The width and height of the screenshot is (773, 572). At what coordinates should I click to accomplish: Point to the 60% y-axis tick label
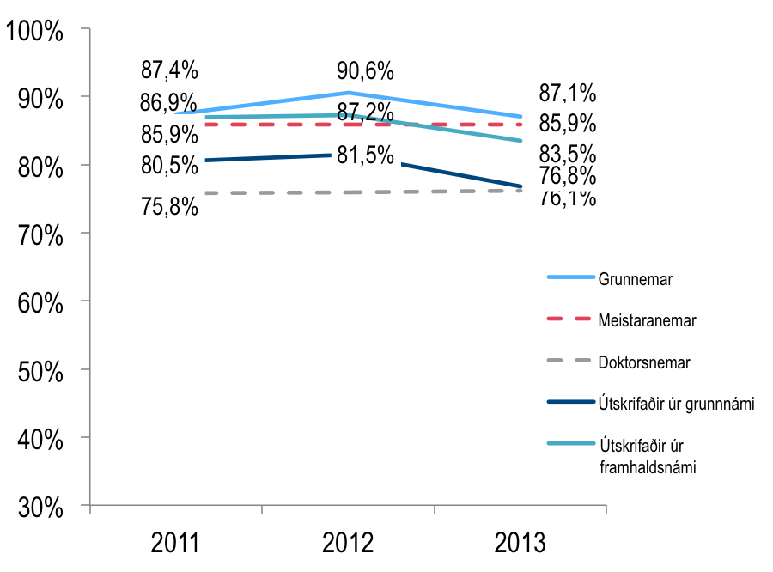click(40, 303)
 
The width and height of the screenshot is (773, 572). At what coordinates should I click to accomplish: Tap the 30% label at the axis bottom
click(40, 508)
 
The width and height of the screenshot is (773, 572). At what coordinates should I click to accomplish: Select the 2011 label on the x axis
click(175, 544)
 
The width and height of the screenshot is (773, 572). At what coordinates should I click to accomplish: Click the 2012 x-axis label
click(348, 544)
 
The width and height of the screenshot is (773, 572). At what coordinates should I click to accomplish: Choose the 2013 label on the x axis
click(520, 544)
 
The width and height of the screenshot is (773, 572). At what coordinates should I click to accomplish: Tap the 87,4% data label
click(169, 70)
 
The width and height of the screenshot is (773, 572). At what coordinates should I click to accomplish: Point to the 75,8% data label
click(169, 207)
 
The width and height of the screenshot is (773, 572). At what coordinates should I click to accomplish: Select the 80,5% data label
click(169, 165)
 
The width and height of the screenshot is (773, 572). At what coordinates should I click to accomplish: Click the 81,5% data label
click(365, 156)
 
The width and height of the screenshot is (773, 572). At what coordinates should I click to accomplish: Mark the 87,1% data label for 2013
click(567, 93)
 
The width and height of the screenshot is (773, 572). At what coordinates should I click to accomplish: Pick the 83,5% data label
click(567, 155)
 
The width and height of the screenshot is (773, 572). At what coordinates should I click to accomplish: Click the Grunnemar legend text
click(635, 279)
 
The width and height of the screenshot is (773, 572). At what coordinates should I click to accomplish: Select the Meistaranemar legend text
click(647, 320)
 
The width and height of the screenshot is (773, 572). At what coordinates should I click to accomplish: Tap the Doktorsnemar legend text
click(644, 362)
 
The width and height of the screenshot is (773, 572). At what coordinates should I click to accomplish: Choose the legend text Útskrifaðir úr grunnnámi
click(676, 404)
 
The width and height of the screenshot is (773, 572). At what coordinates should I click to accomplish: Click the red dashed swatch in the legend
click(570, 319)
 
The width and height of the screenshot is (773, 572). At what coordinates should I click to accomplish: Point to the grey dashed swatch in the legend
click(570, 362)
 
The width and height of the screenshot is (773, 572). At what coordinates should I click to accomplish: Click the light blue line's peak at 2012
click(348, 92)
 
